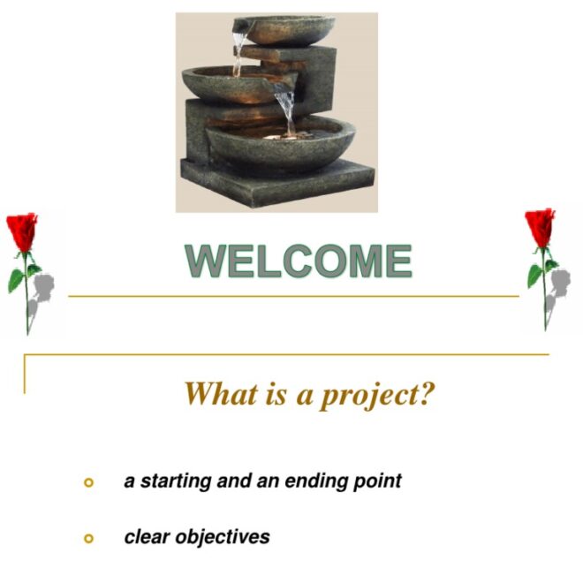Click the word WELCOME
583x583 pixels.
(298, 261)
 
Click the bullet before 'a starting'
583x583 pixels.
(87, 482)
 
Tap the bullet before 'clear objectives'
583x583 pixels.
(87, 537)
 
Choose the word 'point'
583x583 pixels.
(375, 482)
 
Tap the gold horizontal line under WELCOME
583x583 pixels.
(291, 297)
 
